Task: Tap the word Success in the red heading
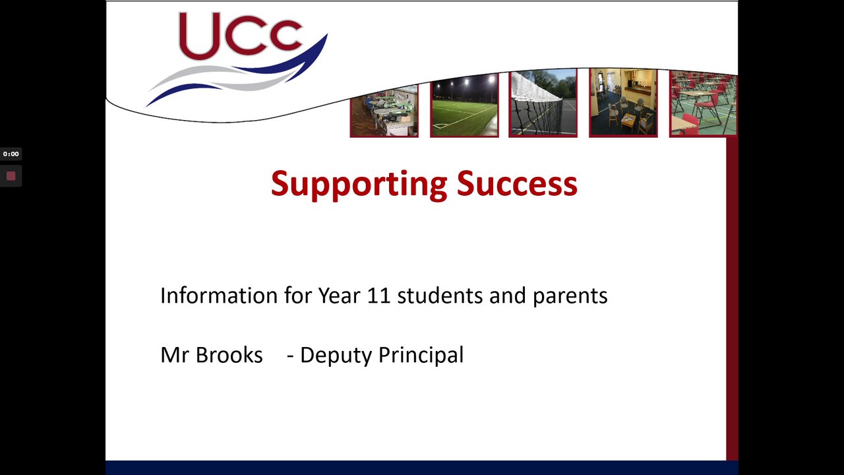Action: [517, 183]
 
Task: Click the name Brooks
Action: [229, 355]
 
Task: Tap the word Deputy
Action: [336, 356]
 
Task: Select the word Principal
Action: [421, 356]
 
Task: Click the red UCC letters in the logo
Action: [241, 35]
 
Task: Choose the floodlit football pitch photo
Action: [465, 104]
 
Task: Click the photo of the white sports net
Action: [543, 102]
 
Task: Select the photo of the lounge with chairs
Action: [624, 102]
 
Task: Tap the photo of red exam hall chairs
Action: [704, 104]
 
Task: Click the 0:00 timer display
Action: [11, 154]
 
